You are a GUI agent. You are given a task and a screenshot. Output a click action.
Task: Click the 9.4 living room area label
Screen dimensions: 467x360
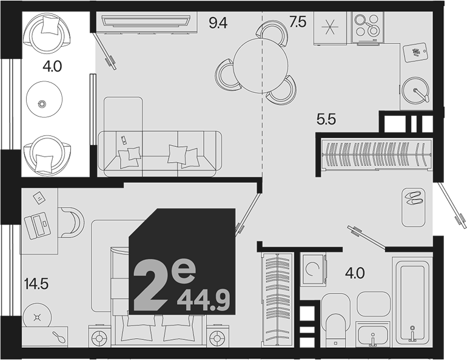(x=218, y=22)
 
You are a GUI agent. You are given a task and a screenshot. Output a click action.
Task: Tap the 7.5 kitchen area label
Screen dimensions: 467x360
(x=298, y=22)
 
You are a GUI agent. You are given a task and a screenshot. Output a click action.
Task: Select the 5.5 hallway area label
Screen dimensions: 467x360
(x=326, y=120)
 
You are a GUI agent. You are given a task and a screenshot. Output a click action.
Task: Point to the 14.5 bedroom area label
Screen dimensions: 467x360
(x=36, y=284)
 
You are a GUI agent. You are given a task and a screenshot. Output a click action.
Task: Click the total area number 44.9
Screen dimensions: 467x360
(x=203, y=301)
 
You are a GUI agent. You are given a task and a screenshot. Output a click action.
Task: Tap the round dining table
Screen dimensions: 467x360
(x=260, y=66)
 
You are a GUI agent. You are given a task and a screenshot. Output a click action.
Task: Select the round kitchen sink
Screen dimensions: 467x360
(x=415, y=89)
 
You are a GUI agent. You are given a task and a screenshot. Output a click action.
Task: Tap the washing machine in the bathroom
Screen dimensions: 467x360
(x=314, y=268)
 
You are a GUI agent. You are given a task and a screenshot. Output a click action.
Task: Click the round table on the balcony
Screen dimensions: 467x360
(x=44, y=99)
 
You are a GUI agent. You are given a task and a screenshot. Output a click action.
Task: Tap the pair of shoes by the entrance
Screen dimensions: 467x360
(x=413, y=198)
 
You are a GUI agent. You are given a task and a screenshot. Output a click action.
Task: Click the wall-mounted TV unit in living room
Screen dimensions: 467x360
(x=146, y=21)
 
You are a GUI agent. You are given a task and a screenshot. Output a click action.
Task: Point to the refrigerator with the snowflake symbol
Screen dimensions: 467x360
(x=330, y=29)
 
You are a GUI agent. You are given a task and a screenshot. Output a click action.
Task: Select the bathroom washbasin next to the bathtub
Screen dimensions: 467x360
(x=373, y=335)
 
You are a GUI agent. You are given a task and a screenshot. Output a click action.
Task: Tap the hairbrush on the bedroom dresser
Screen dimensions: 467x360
(x=59, y=337)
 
